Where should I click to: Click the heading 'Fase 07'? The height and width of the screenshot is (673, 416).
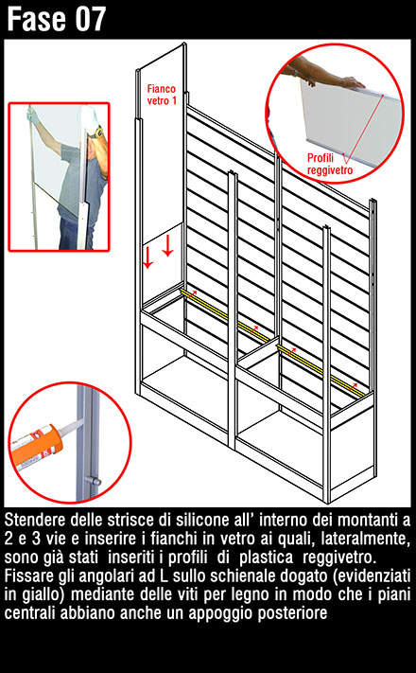tap(56, 19)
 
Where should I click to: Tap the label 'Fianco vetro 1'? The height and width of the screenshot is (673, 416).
tap(162, 95)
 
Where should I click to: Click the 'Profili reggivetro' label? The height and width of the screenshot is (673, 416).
tap(330, 164)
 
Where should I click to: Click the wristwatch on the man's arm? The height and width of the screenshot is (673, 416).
tap(97, 133)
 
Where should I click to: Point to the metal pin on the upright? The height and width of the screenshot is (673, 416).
tap(92, 480)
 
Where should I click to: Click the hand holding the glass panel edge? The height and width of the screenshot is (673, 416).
tap(351, 81)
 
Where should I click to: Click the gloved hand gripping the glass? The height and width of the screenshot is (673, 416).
tap(31, 113)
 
